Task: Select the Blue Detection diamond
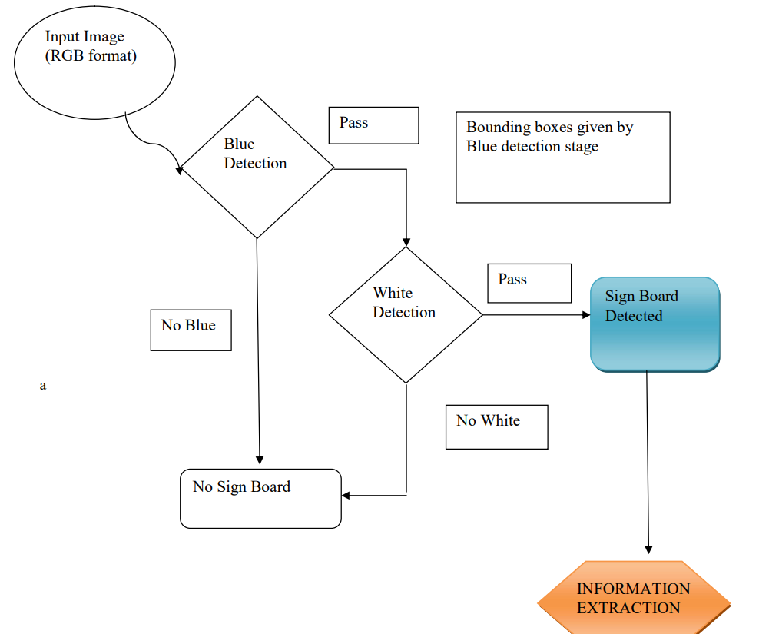[257, 166]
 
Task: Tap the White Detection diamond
[406, 314]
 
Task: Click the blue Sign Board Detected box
[655, 324]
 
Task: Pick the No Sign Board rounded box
[260, 498]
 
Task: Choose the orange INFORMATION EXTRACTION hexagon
[634, 599]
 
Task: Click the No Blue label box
[191, 330]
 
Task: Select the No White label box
[496, 427]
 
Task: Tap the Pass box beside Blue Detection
[373, 125]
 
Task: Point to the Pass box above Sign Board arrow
[529, 283]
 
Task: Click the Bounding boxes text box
[562, 158]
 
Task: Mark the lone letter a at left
[43, 386]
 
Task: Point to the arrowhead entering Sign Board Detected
[586, 315]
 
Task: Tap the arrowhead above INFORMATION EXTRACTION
[648, 549]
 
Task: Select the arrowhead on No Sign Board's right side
[346, 496]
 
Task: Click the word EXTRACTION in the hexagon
[628, 608]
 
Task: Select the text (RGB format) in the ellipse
[91, 55]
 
